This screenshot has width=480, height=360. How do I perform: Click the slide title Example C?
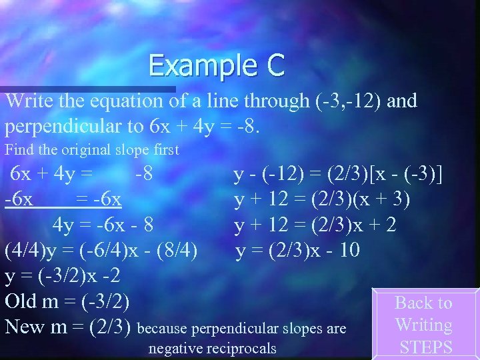click(x=217, y=66)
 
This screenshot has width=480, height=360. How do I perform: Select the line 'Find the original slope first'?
click(x=92, y=151)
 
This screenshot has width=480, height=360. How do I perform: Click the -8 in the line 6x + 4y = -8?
click(x=144, y=175)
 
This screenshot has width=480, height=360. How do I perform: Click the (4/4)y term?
click(x=37, y=251)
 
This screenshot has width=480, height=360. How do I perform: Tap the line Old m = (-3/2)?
click(x=67, y=301)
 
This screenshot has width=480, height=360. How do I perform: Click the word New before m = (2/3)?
click(x=25, y=327)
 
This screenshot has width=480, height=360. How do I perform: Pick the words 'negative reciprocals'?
click(x=212, y=349)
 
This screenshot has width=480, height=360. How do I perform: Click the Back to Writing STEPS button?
click(x=424, y=325)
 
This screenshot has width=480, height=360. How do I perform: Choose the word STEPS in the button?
click(x=425, y=347)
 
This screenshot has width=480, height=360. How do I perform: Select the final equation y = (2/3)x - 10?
click(x=297, y=251)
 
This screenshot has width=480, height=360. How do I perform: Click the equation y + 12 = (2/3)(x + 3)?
click(x=322, y=200)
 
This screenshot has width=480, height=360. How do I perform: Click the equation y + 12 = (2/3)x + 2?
click(x=315, y=225)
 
